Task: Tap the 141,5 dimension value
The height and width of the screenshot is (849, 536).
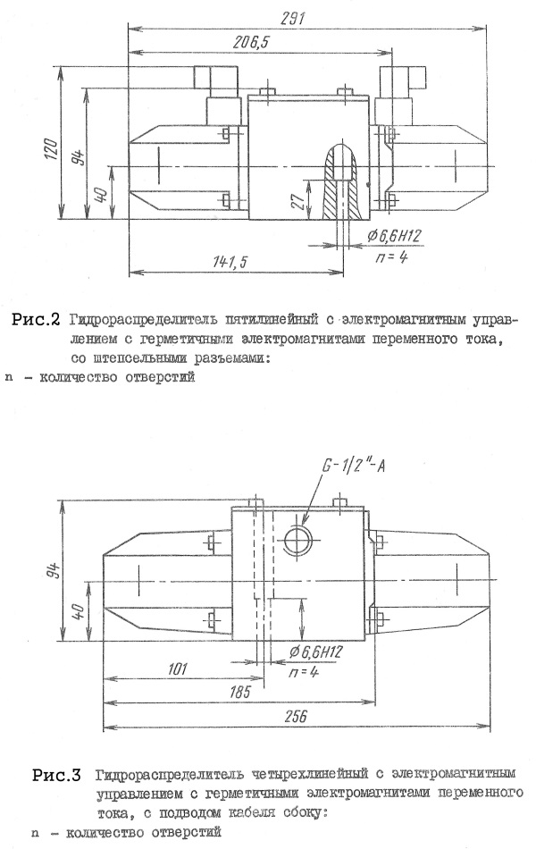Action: pyautogui.click(x=230, y=262)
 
